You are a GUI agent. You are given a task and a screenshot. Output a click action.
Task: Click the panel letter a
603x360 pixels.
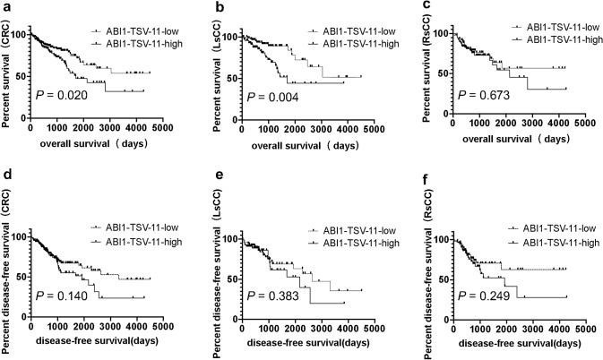coord(6,7)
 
